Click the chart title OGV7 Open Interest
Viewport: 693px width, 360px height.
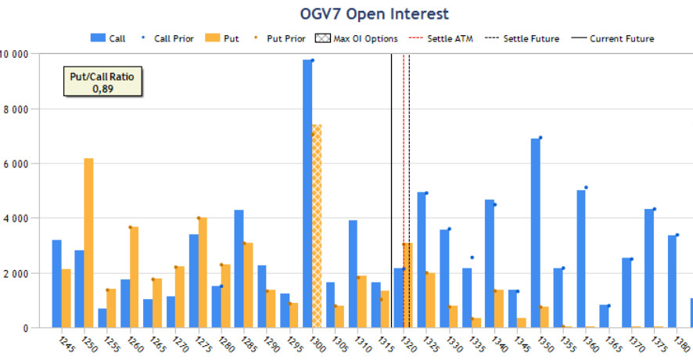click(375, 13)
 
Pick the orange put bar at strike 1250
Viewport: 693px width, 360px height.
click(88, 243)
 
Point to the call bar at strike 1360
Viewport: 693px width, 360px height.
click(581, 258)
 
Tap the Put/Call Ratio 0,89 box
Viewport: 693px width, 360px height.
click(103, 82)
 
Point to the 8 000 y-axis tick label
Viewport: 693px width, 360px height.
click(27, 109)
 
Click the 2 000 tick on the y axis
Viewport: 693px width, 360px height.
click(27, 273)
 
